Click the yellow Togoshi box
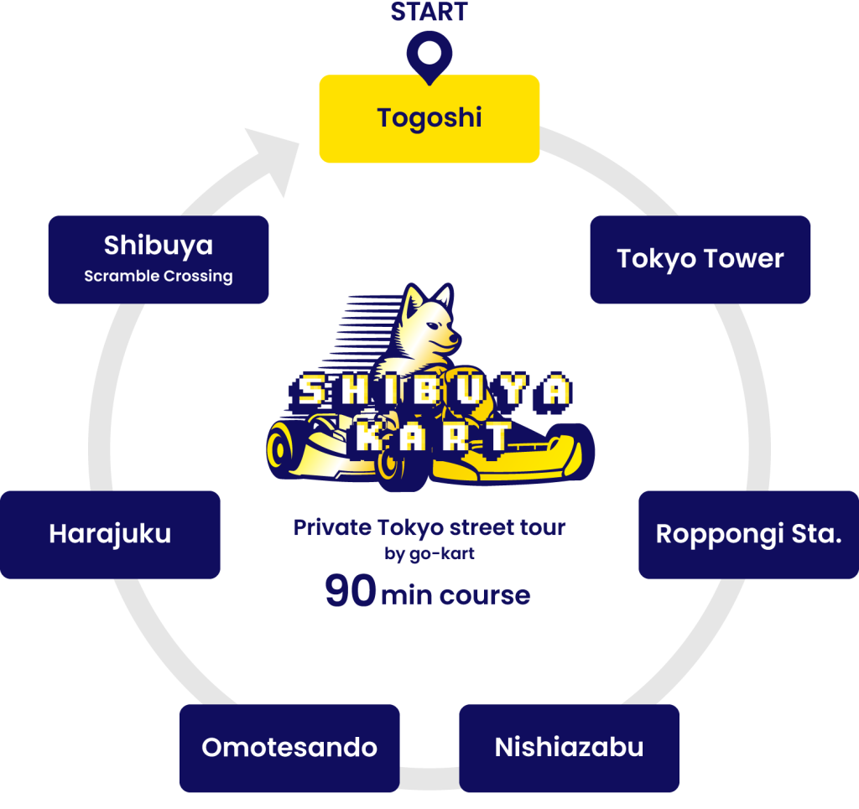pos(429,118)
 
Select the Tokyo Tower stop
pos(700,259)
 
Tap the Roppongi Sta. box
pos(748,534)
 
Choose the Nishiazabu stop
pos(569,747)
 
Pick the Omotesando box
pos(289,747)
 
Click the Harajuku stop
pos(110,534)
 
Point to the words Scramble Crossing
pos(159,276)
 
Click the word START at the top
pos(429,12)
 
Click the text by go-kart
pos(429,553)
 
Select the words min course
pos(456,596)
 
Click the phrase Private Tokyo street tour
pos(429,528)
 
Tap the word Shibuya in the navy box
pos(159,246)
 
